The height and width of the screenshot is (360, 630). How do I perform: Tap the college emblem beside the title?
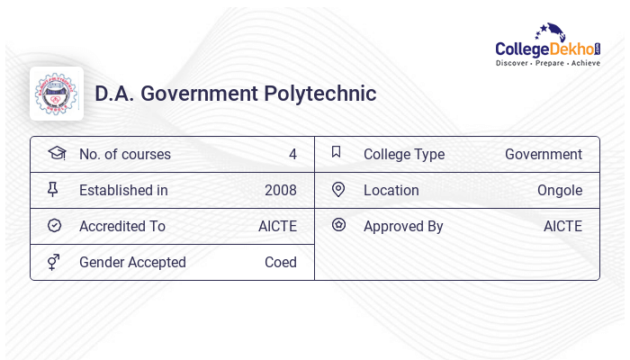pos(57,94)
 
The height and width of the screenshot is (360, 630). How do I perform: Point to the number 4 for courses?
pos(292,154)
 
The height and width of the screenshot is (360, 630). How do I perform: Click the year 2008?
pos(281,190)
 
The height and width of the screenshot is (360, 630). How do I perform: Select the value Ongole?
pos(560,190)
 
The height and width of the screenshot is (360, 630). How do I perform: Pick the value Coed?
pos(281,262)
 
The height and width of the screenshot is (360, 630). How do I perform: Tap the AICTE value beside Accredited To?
pos(277,226)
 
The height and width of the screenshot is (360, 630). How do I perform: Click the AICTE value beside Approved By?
pos(562,226)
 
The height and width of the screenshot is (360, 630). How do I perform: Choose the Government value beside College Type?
pos(544,154)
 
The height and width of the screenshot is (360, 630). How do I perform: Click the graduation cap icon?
pos(56,153)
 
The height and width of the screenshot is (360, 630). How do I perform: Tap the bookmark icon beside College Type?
pos(336,152)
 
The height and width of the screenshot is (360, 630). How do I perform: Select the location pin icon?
pos(338,189)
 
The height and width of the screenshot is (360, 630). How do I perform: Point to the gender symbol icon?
pos(54,262)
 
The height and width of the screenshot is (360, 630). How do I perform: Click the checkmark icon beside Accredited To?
pos(54,225)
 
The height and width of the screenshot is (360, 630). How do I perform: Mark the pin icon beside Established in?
pos(54,190)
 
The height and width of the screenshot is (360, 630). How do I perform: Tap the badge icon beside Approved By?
pos(338,225)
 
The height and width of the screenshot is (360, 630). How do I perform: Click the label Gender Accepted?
pos(132,262)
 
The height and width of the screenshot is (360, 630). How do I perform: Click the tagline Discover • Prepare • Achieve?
pos(547,63)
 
